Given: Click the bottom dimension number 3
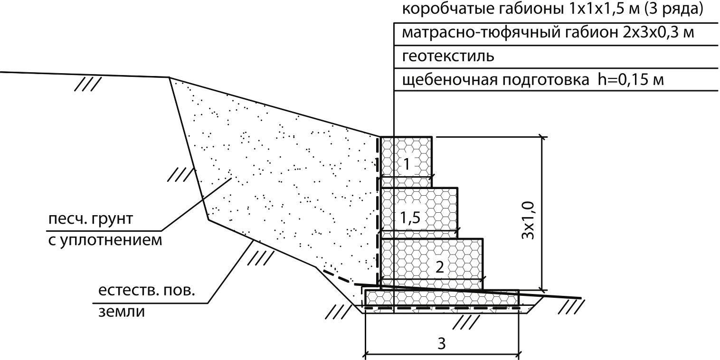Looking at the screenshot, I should pos(441,344).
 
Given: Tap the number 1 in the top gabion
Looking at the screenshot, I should pos(407,164).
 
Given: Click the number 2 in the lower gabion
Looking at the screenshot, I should pos(440,266).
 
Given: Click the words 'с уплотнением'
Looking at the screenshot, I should pos(104,239).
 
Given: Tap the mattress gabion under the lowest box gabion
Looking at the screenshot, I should pos(441,298).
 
